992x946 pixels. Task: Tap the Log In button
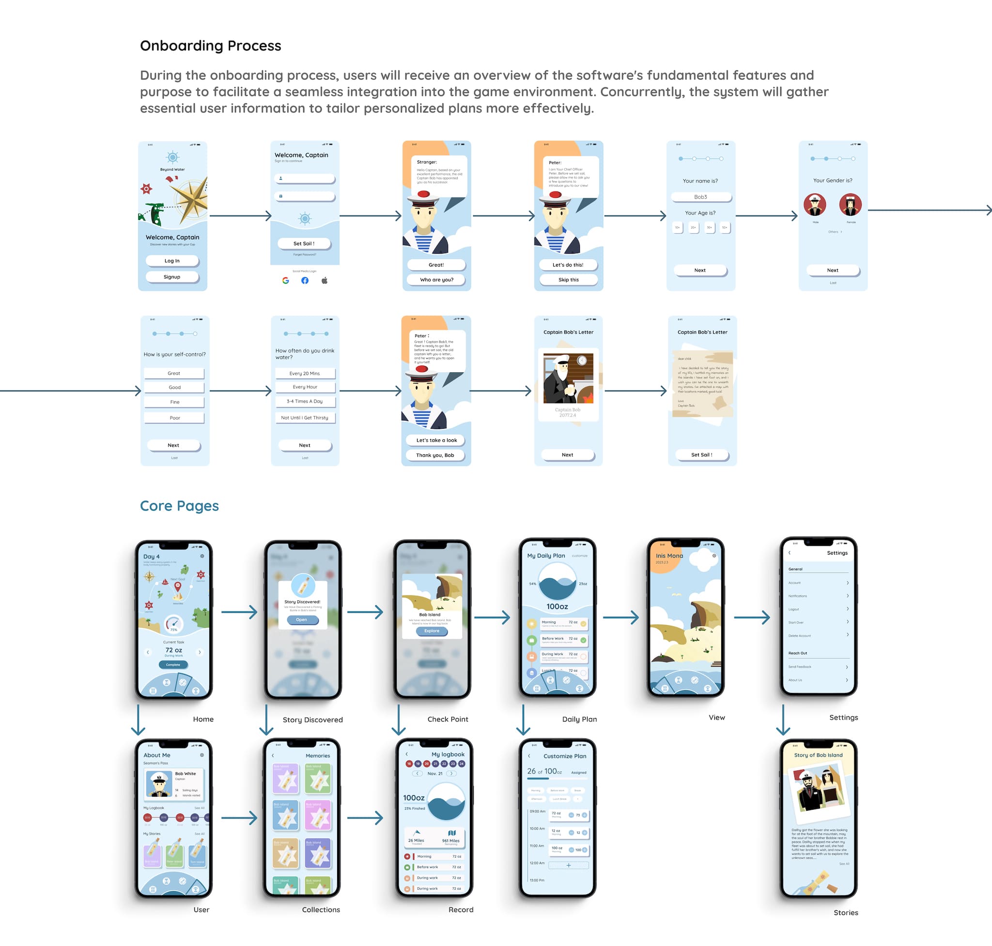pos(172,261)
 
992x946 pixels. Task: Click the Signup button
pos(172,277)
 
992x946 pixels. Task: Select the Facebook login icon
pos(305,280)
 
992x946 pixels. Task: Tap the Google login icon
pos(286,280)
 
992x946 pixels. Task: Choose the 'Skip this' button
pos(568,280)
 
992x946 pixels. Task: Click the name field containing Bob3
pos(700,197)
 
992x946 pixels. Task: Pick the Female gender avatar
pos(851,205)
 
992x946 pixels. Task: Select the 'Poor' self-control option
pos(174,418)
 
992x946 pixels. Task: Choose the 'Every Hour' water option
pos(305,387)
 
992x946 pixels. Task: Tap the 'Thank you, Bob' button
pos(435,455)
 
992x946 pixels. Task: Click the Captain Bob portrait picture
pos(568,378)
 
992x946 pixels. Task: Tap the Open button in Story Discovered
pos(302,620)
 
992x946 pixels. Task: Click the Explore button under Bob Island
pos(432,631)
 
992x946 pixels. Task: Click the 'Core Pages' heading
pos(179,506)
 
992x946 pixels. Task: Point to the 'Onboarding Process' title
pos(211,46)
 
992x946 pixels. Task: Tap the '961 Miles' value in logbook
pos(450,841)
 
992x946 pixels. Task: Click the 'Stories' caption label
pos(845,913)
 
